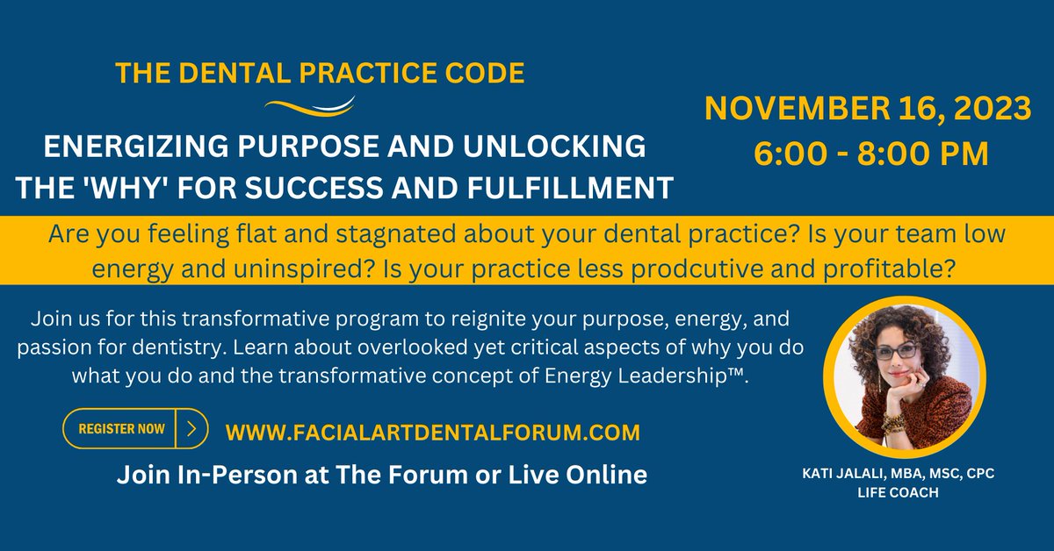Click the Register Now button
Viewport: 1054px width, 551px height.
point(121,429)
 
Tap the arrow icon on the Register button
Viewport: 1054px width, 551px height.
point(192,429)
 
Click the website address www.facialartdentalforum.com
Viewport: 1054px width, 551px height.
point(432,432)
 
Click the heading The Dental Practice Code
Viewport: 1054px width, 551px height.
point(321,72)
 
